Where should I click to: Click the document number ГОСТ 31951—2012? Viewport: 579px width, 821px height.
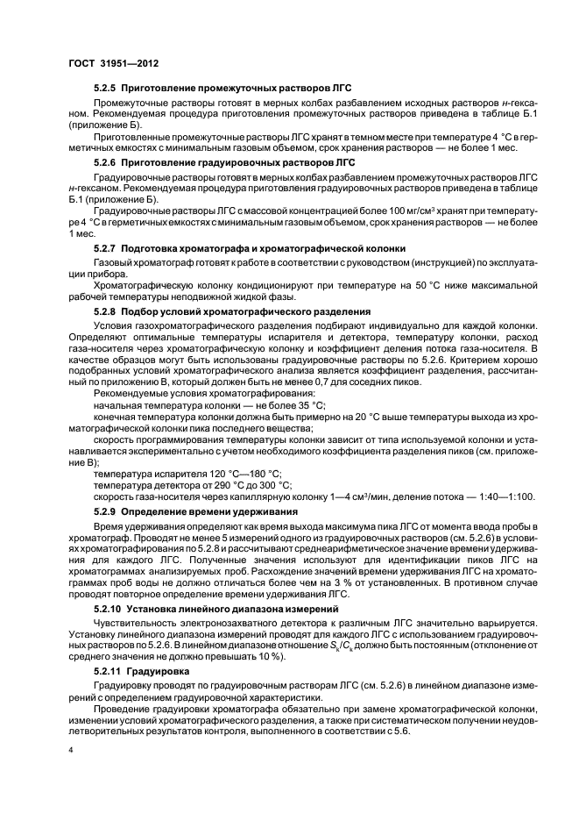(108, 64)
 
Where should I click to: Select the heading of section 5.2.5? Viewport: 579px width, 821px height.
(211, 89)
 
